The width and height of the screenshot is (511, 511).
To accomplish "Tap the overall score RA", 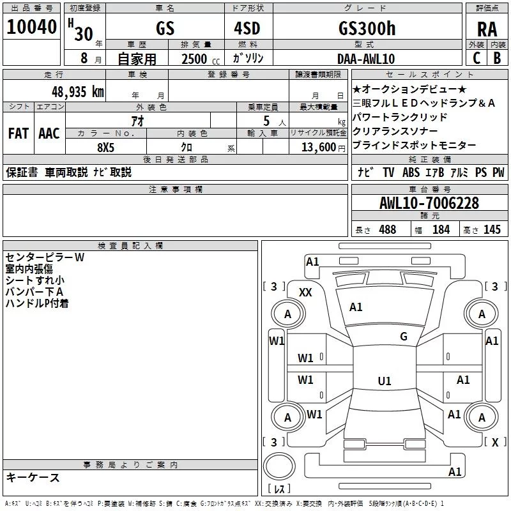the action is pyautogui.click(x=487, y=29).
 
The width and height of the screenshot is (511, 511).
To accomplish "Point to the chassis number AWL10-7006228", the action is pyautogui.click(x=429, y=203).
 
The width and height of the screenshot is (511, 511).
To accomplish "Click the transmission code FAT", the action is pyautogui.click(x=18, y=133).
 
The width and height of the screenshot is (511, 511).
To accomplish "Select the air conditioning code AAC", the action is pyautogui.click(x=49, y=133).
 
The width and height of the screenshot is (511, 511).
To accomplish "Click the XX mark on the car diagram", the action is pyautogui.click(x=306, y=292).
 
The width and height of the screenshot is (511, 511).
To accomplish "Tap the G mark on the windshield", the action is pyautogui.click(x=403, y=337).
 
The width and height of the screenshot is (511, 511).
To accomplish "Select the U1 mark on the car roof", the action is pyautogui.click(x=384, y=381).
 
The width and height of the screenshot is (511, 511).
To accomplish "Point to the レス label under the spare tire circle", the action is pyautogui.click(x=278, y=489).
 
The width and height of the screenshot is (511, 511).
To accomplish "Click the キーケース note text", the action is pyautogui.click(x=33, y=477).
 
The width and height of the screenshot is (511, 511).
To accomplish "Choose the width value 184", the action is pyautogui.click(x=441, y=230).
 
